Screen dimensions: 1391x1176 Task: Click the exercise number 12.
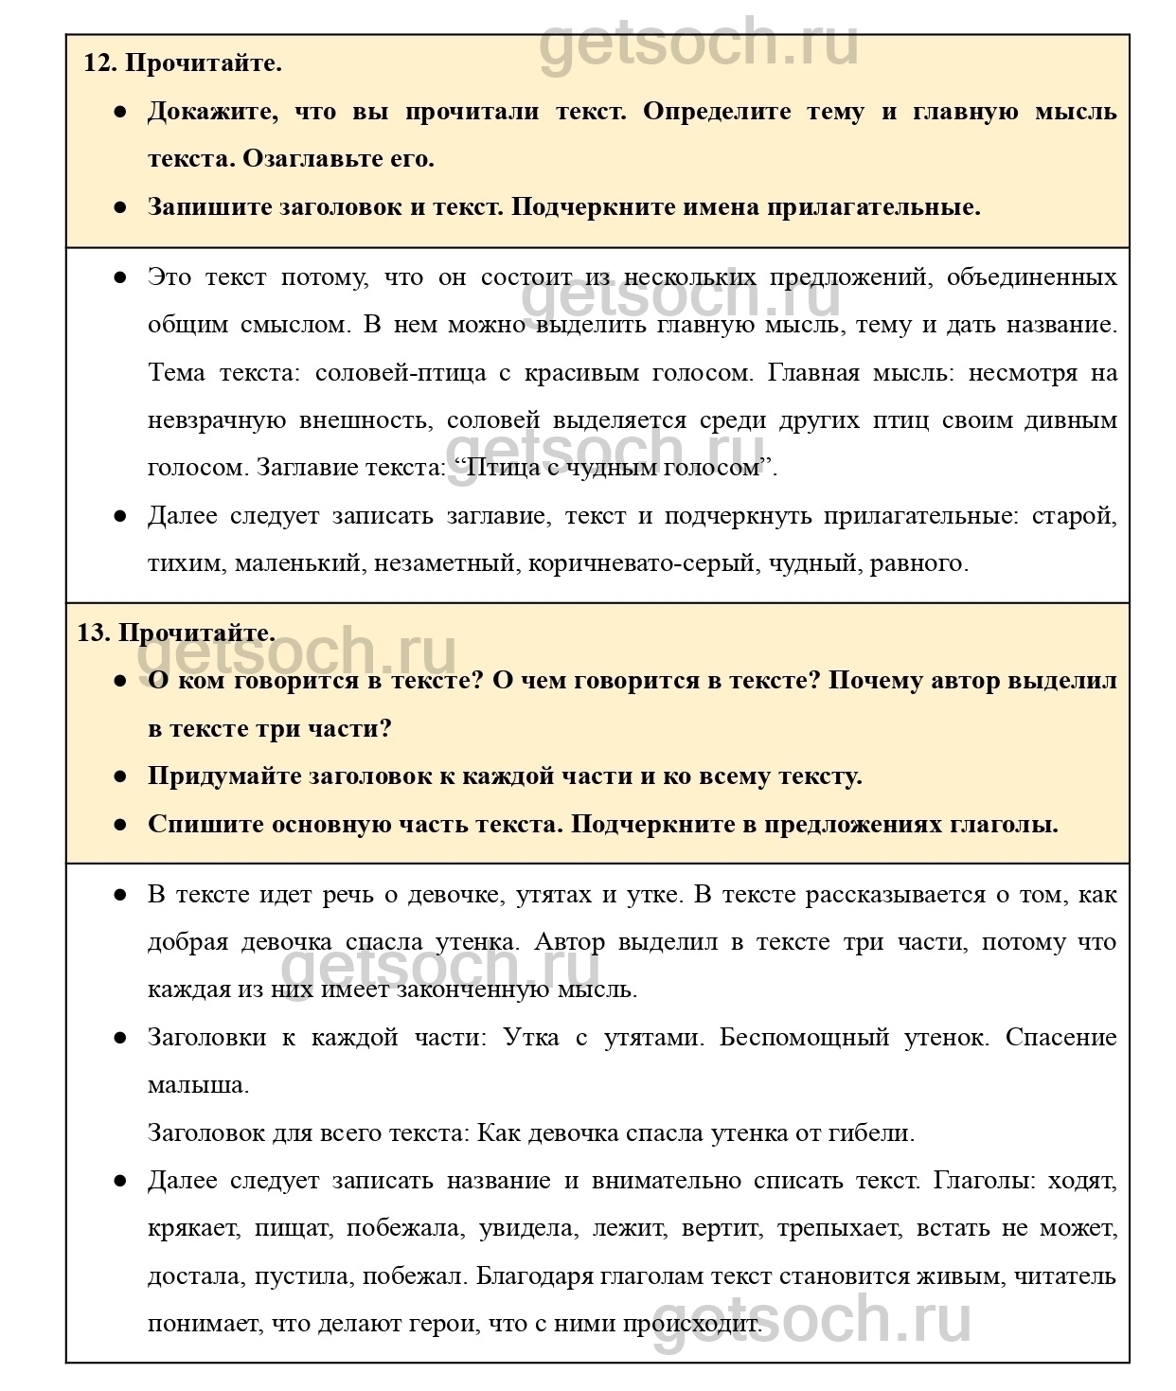point(98,63)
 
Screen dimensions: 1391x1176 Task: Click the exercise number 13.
point(93,633)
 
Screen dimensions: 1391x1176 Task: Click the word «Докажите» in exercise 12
point(211,112)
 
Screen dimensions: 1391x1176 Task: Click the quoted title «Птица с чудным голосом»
point(609,468)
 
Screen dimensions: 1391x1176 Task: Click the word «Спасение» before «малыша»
point(1060,1038)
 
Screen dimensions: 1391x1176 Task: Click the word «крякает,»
point(194,1229)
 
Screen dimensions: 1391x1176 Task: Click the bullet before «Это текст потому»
point(120,278)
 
